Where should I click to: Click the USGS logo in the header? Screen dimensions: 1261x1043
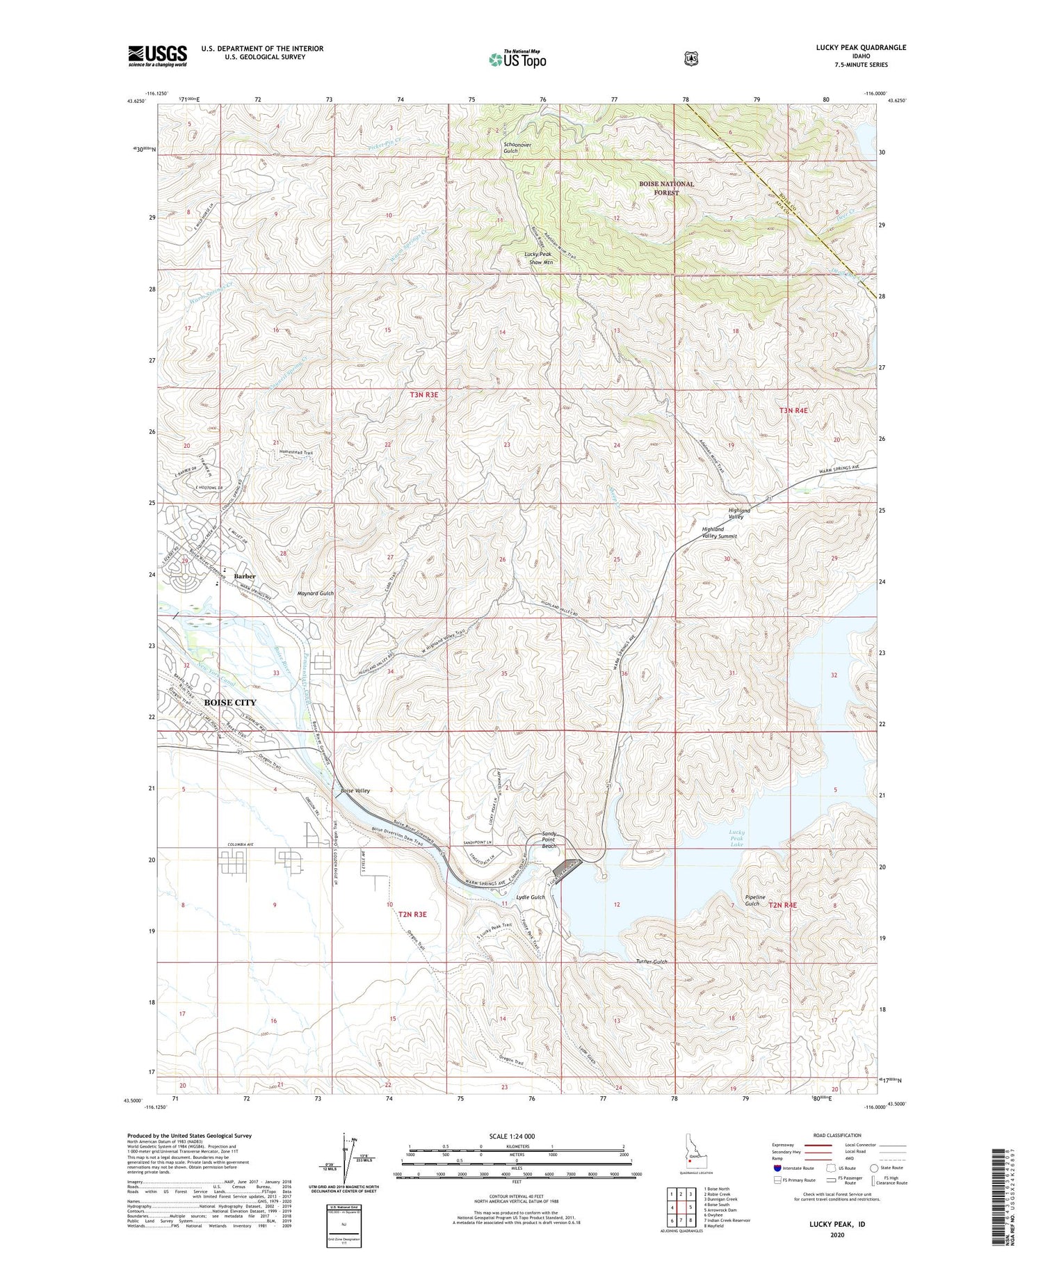click(157, 56)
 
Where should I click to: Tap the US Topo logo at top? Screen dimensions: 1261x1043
click(517, 59)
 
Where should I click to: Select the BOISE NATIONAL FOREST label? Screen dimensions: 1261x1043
click(666, 188)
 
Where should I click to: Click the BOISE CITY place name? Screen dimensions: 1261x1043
click(229, 702)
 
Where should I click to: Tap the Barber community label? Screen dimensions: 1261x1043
click(245, 576)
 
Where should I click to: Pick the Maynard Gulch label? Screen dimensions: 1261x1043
click(316, 593)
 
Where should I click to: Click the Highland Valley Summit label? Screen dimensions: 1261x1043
click(719, 533)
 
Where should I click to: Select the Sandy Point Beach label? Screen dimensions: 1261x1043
click(549, 840)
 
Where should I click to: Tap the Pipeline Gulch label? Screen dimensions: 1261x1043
click(754, 900)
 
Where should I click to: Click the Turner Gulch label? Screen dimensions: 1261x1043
click(651, 962)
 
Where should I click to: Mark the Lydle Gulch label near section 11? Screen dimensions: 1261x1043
click(531, 897)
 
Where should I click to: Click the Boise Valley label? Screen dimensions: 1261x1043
click(355, 791)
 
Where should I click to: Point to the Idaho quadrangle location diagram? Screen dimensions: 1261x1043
click(690, 1159)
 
